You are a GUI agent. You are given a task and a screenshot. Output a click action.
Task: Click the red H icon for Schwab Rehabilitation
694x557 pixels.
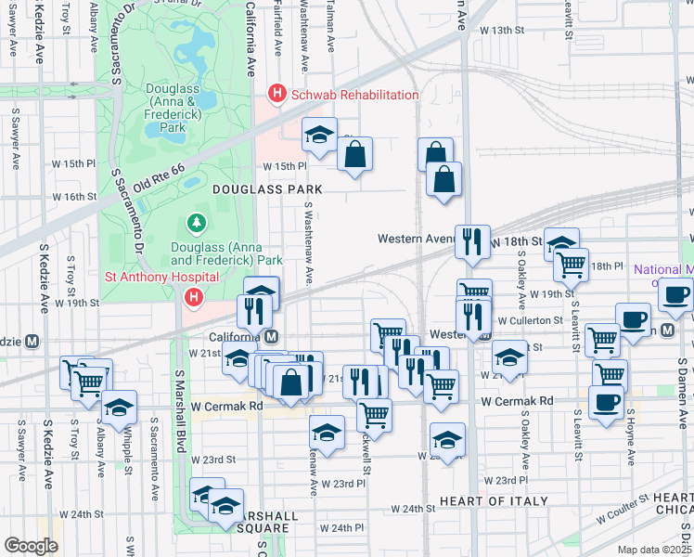coord(276,94)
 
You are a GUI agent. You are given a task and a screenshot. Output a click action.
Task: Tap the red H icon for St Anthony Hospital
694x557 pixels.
coord(193,297)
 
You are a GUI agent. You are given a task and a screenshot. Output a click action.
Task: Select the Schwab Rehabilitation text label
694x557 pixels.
coord(354,95)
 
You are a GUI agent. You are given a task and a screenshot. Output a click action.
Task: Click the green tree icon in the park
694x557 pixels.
coord(196,223)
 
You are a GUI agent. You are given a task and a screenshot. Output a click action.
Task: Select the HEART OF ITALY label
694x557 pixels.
coord(488,501)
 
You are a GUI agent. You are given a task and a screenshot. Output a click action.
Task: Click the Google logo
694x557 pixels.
coord(32,546)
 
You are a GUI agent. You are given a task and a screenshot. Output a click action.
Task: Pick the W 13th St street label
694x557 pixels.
coord(501,31)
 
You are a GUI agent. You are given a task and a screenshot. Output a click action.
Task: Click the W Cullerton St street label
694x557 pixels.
coord(531,320)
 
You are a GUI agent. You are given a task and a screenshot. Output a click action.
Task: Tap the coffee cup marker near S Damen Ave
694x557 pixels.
coord(675,293)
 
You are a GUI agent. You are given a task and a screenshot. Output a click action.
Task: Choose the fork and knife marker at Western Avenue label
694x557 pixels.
coord(473,240)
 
